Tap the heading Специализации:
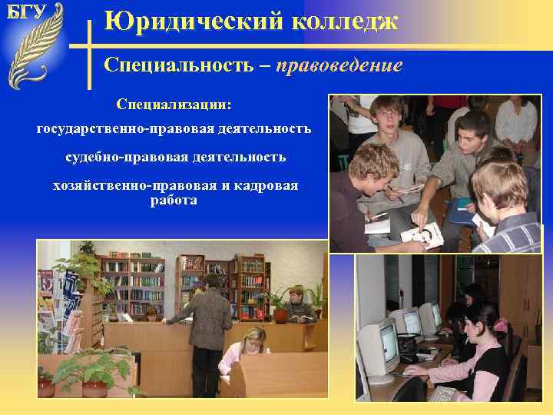(174, 102)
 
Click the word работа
(174, 200)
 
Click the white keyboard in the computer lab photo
(445, 394)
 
